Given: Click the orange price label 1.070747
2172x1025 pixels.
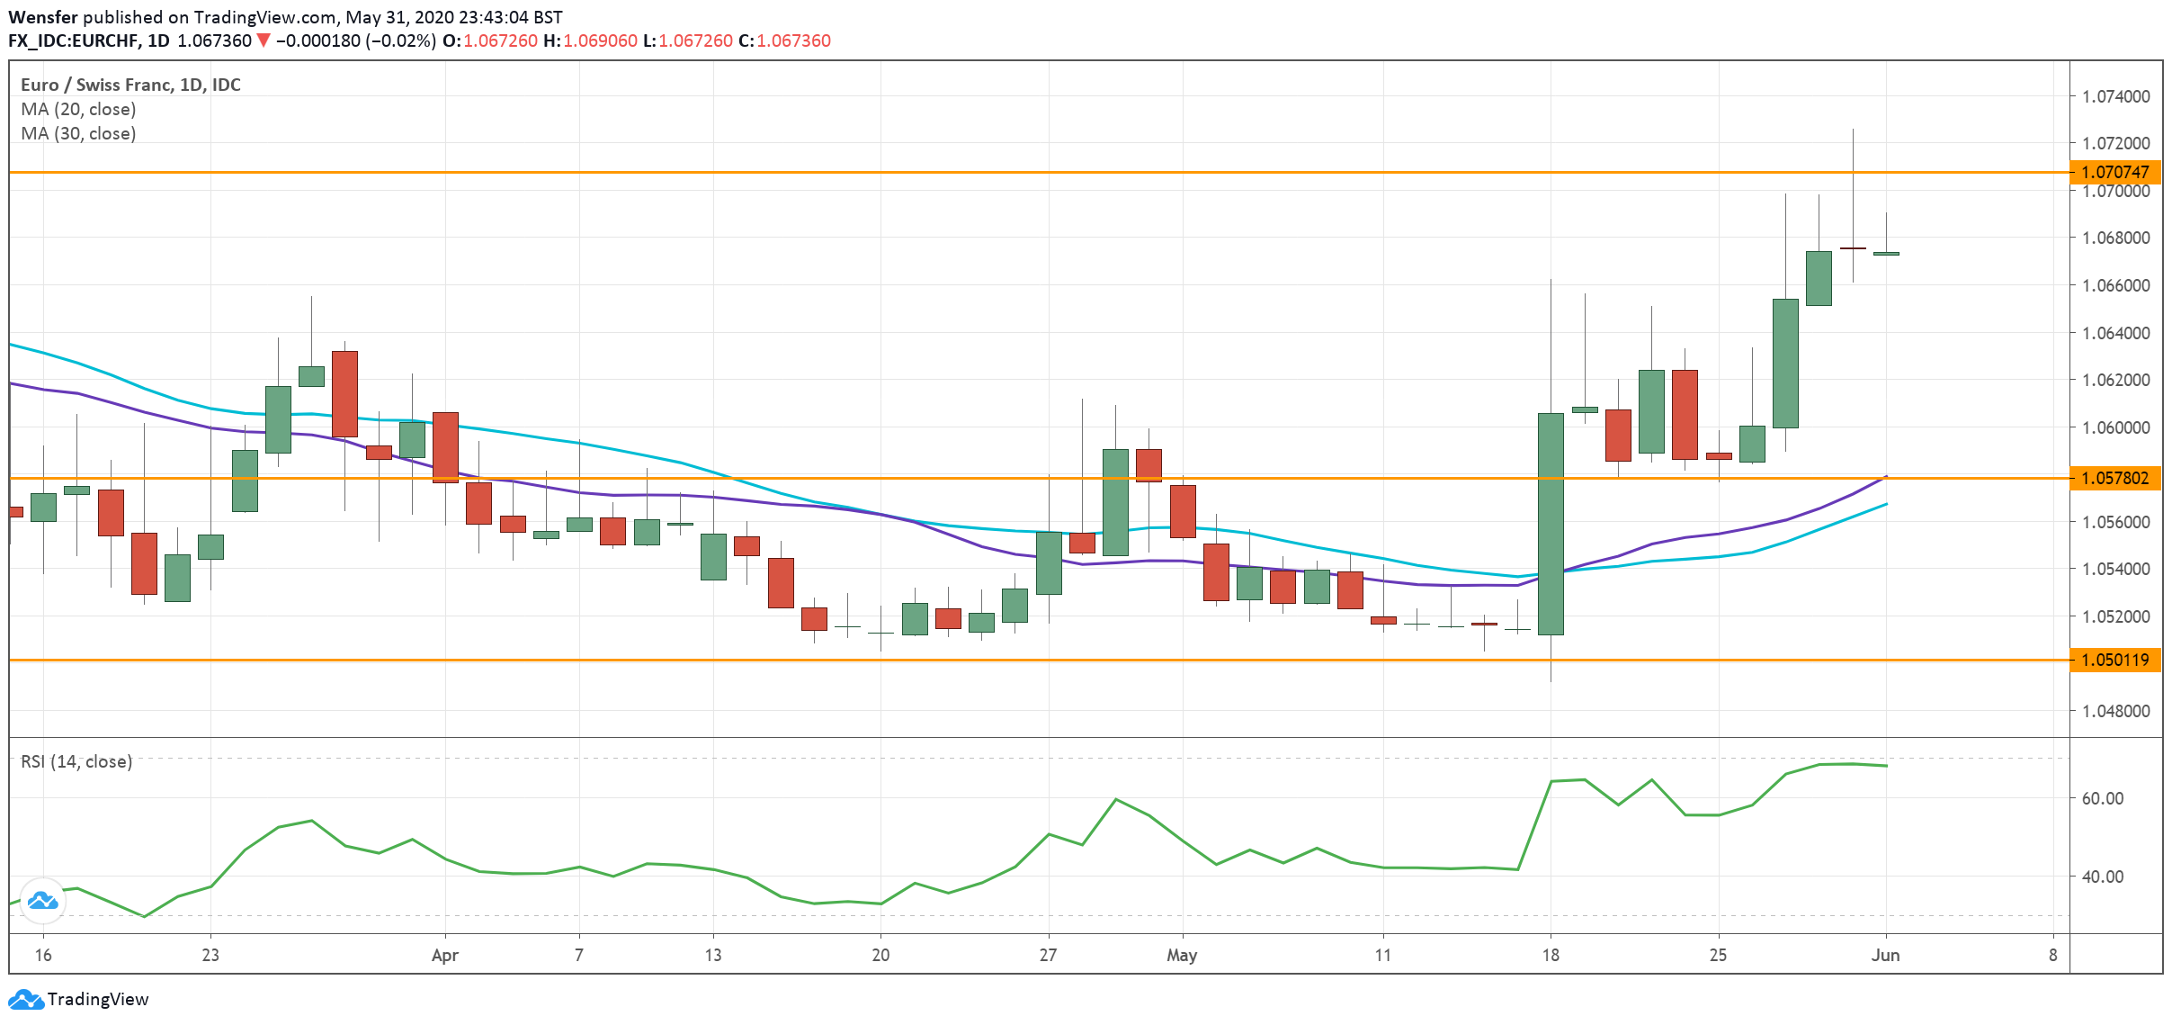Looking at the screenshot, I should point(2114,172).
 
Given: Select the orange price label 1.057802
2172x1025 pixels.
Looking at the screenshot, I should point(2114,478).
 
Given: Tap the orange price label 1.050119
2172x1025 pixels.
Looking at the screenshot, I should point(2114,660).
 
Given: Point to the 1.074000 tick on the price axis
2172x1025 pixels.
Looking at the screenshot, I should point(2115,96).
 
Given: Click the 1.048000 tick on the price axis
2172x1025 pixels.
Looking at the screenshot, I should point(2115,711).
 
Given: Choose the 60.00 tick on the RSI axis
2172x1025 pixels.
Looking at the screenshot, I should point(2102,798).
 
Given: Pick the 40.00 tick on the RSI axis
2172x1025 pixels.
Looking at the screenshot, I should point(2102,877).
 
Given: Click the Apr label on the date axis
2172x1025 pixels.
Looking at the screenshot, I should point(444,955).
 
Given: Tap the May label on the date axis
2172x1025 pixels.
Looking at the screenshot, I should point(1181,955).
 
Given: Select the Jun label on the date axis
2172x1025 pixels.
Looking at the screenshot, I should point(1885,955).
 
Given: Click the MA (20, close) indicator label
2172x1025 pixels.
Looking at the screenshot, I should point(78,109).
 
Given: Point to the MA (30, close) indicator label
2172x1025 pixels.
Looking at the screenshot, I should point(78,133).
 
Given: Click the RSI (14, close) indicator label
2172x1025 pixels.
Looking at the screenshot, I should point(76,761).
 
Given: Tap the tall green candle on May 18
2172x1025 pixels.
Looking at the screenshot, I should point(1551,524).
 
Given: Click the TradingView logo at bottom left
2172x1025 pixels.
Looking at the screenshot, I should point(78,999).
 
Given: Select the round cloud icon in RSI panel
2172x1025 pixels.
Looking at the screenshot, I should point(42,900).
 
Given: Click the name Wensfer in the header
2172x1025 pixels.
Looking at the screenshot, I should point(43,17).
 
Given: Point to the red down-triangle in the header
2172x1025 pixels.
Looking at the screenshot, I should point(263,40).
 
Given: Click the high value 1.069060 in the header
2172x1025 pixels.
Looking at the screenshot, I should point(600,40).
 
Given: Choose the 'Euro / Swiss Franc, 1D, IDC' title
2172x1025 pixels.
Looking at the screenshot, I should point(130,85).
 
